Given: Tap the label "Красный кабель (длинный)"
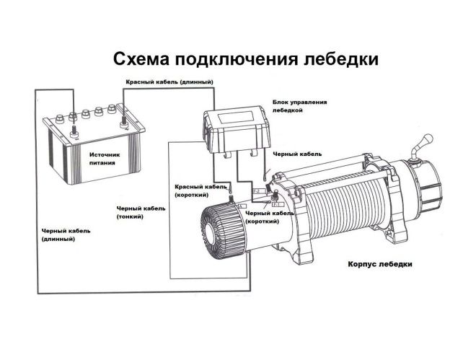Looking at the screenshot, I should pos(169,83).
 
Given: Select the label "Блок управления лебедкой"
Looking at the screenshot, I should pos(299,106).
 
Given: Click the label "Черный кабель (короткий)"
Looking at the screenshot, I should pos(268,217).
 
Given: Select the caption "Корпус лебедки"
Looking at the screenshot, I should pos(379,264).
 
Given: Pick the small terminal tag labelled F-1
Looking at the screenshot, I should pos(277,206).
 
